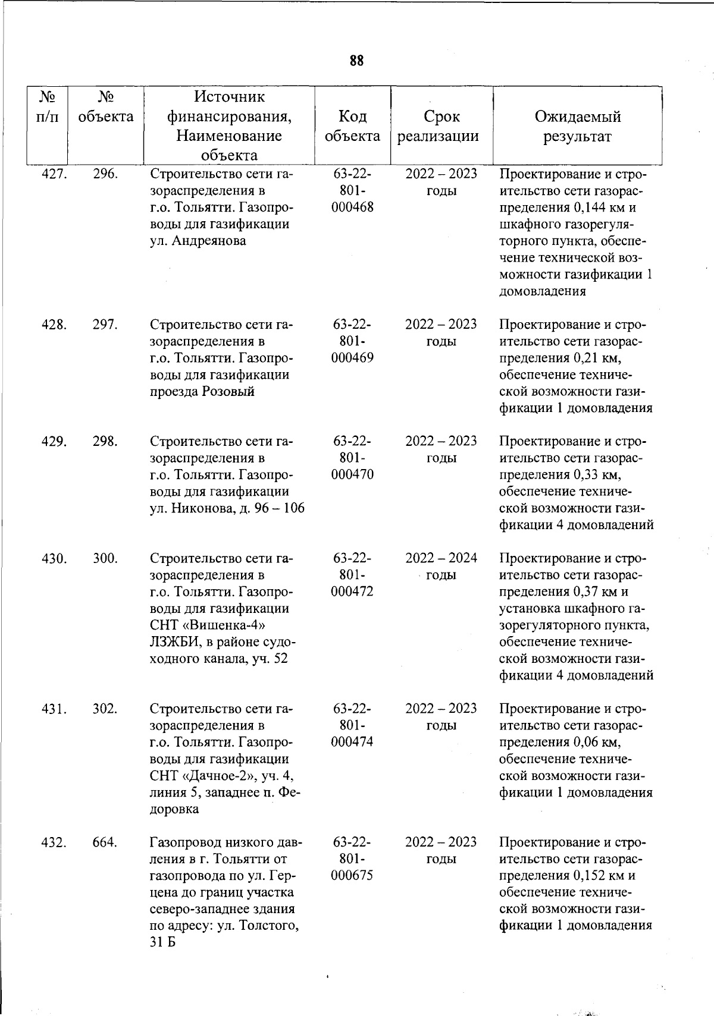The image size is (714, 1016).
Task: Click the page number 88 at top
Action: pos(357,61)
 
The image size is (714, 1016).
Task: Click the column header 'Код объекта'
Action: pos(352,126)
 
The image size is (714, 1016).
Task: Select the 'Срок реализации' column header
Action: pos(441,126)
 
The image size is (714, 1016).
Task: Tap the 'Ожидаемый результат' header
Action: pos(577,126)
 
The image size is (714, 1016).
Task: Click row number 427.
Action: pos(53,174)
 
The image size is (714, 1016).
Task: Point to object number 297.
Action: pos(105,325)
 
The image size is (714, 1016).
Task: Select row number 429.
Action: pos(53,441)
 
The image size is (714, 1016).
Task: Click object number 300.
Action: pos(105,558)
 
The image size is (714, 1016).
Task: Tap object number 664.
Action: pos(105,842)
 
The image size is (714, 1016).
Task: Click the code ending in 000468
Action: pos(352,207)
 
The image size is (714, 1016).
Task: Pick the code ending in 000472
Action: pos(352,592)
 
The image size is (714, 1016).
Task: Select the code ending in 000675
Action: pos(352,876)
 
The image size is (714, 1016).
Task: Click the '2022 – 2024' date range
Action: pos(441,558)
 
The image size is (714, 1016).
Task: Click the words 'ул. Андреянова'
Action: pos(198,241)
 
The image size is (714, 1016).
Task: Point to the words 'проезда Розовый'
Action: pos(202,391)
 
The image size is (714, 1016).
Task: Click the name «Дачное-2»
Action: pos(226,776)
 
